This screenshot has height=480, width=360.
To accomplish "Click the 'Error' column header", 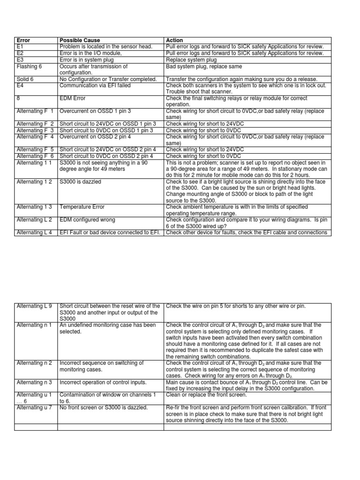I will click(23, 40).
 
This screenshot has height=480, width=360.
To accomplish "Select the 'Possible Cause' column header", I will click(80, 40).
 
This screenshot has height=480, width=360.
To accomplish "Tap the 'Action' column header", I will click(174, 40).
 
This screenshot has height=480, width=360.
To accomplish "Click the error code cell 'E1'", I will click(20, 47).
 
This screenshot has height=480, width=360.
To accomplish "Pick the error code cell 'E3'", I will click(20, 60).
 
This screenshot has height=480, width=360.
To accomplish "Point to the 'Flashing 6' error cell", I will click(29, 67).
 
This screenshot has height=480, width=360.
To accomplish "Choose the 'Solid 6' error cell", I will click(26, 80).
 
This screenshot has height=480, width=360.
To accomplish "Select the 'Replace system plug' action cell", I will click(191, 60).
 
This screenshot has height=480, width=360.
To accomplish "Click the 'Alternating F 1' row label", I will click(35, 111).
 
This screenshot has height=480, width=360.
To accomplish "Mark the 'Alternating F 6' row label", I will click(35, 156).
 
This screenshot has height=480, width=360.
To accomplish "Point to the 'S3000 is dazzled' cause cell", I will click(80, 182).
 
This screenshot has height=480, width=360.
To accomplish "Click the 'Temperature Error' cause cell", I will click(82, 207).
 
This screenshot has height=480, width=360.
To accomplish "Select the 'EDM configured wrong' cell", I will click(87, 220).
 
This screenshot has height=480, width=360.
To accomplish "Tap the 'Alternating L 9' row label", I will click(35, 306).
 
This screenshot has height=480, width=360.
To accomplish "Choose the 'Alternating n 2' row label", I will click(35, 363).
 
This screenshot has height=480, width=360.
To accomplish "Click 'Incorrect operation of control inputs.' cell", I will click(103, 382).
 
